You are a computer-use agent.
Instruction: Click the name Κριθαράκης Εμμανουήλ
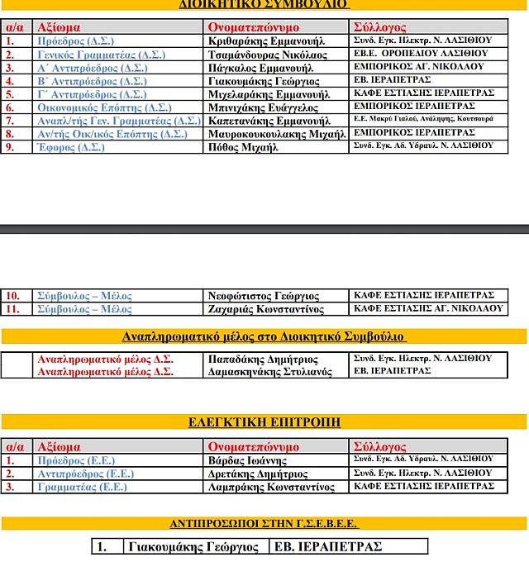(266, 41)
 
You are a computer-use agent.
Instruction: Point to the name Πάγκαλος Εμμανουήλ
(260, 68)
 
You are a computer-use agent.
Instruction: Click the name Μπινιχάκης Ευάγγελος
(264, 107)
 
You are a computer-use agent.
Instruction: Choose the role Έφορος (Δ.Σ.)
(71, 147)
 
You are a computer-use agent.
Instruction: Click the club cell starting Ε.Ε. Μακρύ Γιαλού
(423, 120)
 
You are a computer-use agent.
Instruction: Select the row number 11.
(13, 309)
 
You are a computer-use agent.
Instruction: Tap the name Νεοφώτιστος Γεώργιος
(264, 296)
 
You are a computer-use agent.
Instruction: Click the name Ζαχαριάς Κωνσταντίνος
(266, 309)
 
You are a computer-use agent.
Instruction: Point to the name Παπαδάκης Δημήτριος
(264, 360)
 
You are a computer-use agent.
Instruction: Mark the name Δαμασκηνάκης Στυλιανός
(269, 373)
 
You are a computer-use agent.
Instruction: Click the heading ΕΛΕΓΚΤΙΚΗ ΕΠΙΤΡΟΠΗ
(264, 422)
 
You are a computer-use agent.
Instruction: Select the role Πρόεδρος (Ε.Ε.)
(76, 460)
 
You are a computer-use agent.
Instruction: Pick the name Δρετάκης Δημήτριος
(258, 474)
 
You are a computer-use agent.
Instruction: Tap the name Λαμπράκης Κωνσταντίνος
(271, 488)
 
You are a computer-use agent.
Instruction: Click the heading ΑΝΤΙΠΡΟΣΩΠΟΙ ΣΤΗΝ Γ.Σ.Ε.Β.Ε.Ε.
(264, 524)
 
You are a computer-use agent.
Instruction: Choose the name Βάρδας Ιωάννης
(247, 460)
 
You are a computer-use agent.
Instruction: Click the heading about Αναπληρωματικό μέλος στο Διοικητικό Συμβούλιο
(264, 336)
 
